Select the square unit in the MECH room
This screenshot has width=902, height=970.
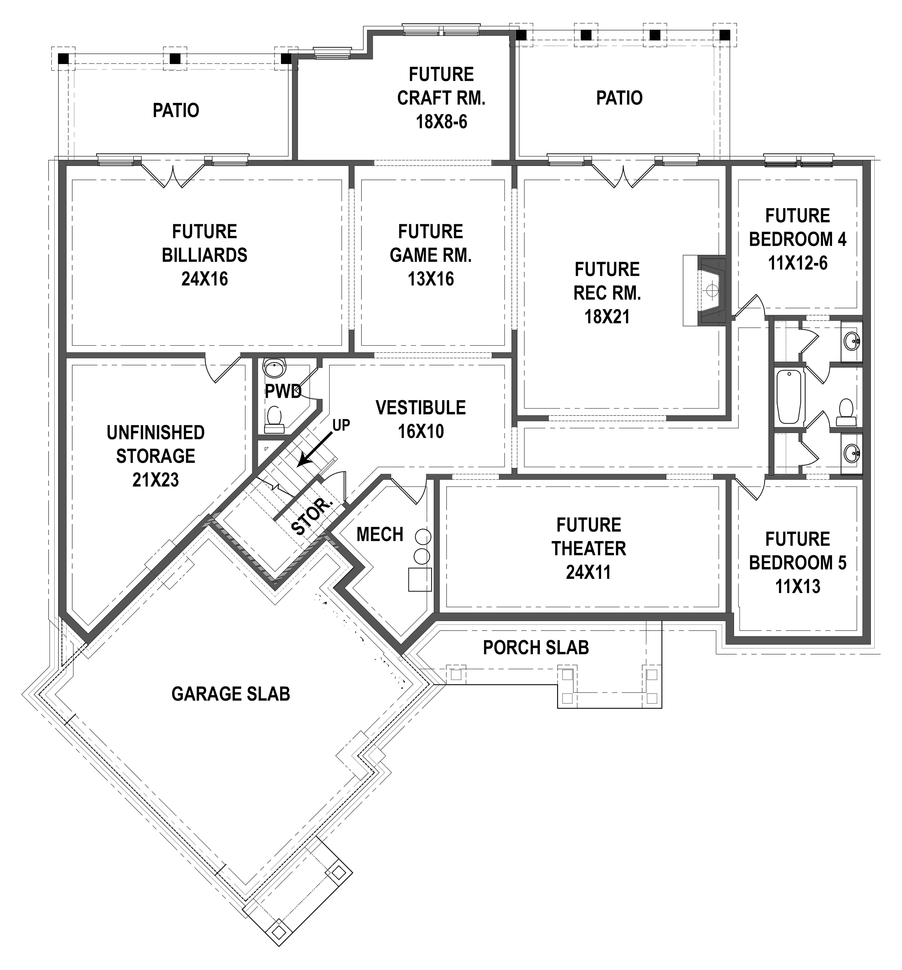pos(420,579)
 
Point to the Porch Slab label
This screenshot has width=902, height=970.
pos(535,647)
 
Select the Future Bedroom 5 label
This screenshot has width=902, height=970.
pos(798,551)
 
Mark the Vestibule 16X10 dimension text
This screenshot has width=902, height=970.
pos(421,431)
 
